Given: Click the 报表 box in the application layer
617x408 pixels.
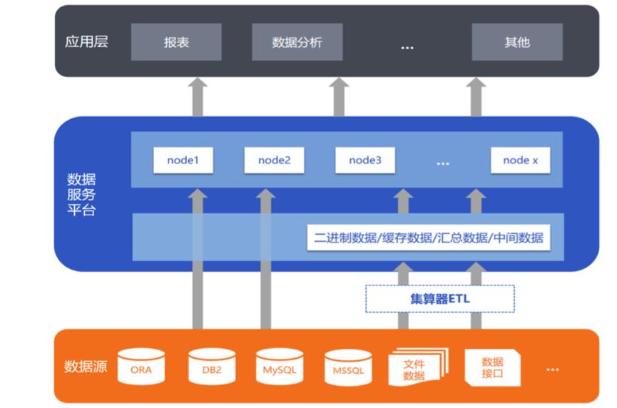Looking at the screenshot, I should (176, 42).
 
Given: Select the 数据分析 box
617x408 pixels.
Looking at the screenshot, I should (297, 42).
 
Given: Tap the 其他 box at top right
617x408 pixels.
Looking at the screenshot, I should (517, 42).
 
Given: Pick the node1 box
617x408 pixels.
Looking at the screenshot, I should (182, 160).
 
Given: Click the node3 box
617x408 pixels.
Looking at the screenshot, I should (365, 160).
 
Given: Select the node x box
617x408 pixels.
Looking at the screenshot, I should (520, 160).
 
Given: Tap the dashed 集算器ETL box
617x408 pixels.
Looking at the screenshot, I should (439, 299).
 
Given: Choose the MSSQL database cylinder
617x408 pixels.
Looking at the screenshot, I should (348, 368).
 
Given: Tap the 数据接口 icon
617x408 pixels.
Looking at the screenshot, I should (492, 367).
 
